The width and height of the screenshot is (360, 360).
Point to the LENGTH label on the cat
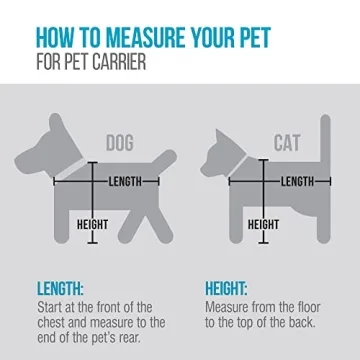[x=297, y=181]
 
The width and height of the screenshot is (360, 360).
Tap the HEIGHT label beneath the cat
[x=263, y=224]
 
